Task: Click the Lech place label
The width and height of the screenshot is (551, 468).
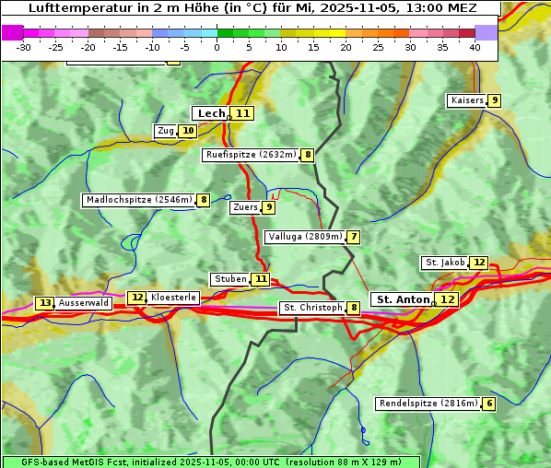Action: point(211,113)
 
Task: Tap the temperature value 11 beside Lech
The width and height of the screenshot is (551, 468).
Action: point(242,113)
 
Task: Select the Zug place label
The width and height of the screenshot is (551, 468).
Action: point(166,131)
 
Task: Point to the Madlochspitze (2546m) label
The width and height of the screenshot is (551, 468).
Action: point(138,200)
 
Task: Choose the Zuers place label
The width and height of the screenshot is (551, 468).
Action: point(245,207)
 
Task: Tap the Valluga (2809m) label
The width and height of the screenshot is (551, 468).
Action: point(305,237)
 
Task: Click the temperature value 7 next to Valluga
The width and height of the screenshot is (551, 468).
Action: point(354,237)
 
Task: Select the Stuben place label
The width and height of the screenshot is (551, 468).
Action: point(230,279)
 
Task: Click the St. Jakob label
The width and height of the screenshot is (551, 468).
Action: point(444,263)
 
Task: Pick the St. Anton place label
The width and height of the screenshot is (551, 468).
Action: point(403,299)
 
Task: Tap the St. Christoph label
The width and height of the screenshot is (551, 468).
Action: point(311,308)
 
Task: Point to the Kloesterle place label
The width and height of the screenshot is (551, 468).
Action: point(173,298)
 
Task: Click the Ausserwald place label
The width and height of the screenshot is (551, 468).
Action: point(84,303)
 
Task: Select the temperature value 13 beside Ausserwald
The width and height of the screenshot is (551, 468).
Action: point(44,303)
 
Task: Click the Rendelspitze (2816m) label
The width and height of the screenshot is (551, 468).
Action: point(428,404)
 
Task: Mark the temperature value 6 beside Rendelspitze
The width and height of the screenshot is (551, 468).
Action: point(489,404)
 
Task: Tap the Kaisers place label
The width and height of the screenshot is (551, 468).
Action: point(466,100)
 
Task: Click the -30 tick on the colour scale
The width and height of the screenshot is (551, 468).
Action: point(24,46)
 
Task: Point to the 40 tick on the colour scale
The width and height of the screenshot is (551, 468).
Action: point(475,46)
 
